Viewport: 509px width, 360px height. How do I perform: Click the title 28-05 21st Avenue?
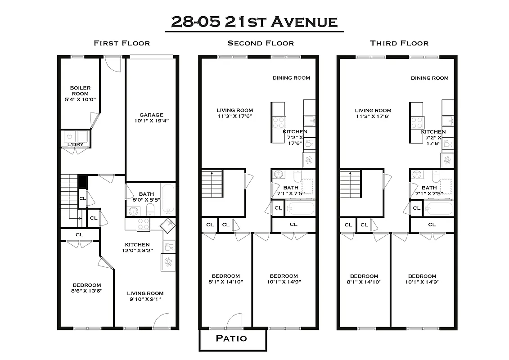[254, 22]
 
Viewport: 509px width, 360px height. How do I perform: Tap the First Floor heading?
[122, 43]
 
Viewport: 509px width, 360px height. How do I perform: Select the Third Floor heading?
[399, 43]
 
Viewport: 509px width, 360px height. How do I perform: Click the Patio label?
[231, 338]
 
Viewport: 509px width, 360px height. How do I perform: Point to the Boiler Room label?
[80, 90]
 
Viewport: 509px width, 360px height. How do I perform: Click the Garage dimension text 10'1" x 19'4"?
[151, 121]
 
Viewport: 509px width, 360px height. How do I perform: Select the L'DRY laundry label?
[75, 144]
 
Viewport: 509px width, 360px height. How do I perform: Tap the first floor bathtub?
[167, 199]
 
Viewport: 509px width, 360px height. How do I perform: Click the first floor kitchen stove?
[143, 224]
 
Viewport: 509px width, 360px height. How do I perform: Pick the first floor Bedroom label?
[86, 285]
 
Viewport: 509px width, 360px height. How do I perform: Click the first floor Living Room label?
[145, 293]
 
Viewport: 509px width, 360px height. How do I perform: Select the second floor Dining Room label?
[291, 78]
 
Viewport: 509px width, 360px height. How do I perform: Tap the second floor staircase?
[212, 184]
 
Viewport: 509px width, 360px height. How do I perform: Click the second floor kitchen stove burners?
[278, 122]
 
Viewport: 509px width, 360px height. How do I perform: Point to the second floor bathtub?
[300, 209]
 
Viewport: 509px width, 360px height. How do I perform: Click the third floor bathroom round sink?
[417, 175]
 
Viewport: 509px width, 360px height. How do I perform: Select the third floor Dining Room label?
[429, 78]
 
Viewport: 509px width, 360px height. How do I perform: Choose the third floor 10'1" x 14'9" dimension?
[422, 282]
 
